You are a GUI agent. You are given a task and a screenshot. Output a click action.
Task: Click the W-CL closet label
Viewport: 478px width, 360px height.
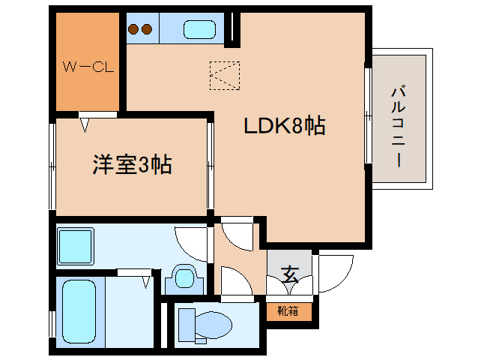click(87, 67)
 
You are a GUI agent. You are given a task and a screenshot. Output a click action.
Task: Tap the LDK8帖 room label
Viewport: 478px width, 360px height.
click(284, 126)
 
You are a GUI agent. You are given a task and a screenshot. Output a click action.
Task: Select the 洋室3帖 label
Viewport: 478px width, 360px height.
click(133, 164)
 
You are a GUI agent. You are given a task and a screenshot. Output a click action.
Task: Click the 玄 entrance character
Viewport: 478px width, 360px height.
click(290, 274)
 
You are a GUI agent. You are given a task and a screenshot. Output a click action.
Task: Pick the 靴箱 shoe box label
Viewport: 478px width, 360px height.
click(288, 310)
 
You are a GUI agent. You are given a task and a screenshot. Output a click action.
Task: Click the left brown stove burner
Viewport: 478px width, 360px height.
click(134, 30)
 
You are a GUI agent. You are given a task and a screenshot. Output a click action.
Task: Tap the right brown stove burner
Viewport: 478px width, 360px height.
click(147, 30)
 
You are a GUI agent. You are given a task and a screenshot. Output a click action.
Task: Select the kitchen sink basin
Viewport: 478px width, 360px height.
click(199, 31)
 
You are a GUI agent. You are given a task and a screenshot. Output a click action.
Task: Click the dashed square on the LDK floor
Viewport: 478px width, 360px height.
click(225, 74)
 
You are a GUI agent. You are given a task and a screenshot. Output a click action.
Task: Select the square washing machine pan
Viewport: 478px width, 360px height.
click(75, 244)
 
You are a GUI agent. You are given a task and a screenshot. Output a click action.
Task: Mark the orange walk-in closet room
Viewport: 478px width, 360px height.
click(88, 60)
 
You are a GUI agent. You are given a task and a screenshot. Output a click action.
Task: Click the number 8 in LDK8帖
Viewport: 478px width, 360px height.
click(297, 126)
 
